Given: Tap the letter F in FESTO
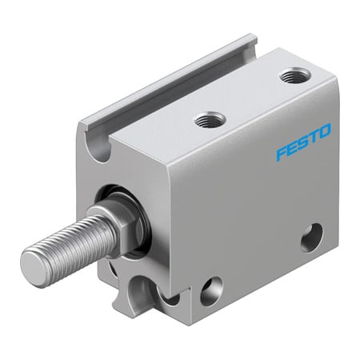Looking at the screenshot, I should click(x=280, y=154).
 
